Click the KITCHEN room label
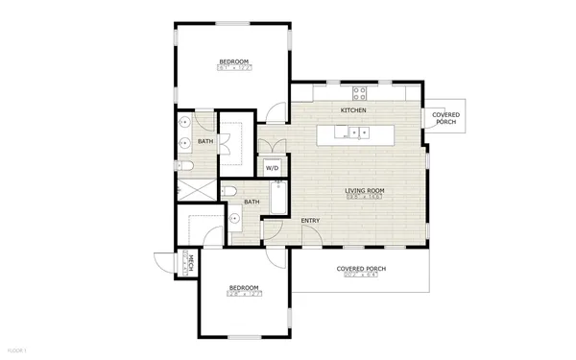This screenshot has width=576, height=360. [x=353, y=111]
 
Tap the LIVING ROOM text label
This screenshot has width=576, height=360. [x=365, y=191]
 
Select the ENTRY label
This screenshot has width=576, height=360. [x=310, y=222]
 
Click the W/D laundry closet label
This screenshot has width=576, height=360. [x=273, y=167]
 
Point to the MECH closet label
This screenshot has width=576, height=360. [x=190, y=262]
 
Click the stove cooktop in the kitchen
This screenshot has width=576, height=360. [x=361, y=93]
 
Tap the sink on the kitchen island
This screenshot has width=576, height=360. [x=356, y=132]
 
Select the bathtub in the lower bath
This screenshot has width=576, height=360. [x=278, y=198]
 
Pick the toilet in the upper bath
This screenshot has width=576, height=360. [x=186, y=166]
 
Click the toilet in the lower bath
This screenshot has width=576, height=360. [x=230, y=192]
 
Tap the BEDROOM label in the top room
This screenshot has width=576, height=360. [x=233, y=62]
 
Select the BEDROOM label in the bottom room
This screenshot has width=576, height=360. [x=243, y=287]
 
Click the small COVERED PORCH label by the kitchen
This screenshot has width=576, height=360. [x=445, y=119]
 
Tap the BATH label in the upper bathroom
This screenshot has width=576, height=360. [x=204, y=142]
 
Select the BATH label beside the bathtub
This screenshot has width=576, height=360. [x=252, y=203]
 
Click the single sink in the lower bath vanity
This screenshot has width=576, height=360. [x=234, y=219]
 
